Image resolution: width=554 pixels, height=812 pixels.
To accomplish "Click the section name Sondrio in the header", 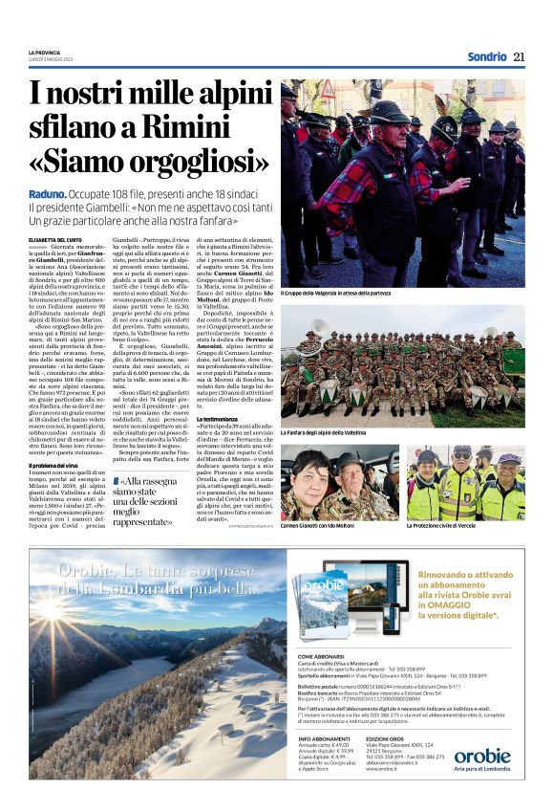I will click(x=486, y=56).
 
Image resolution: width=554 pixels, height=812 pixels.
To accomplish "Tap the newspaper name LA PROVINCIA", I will click(x=43, y=53).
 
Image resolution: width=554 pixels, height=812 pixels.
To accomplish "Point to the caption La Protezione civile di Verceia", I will click(x=452, y=525).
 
